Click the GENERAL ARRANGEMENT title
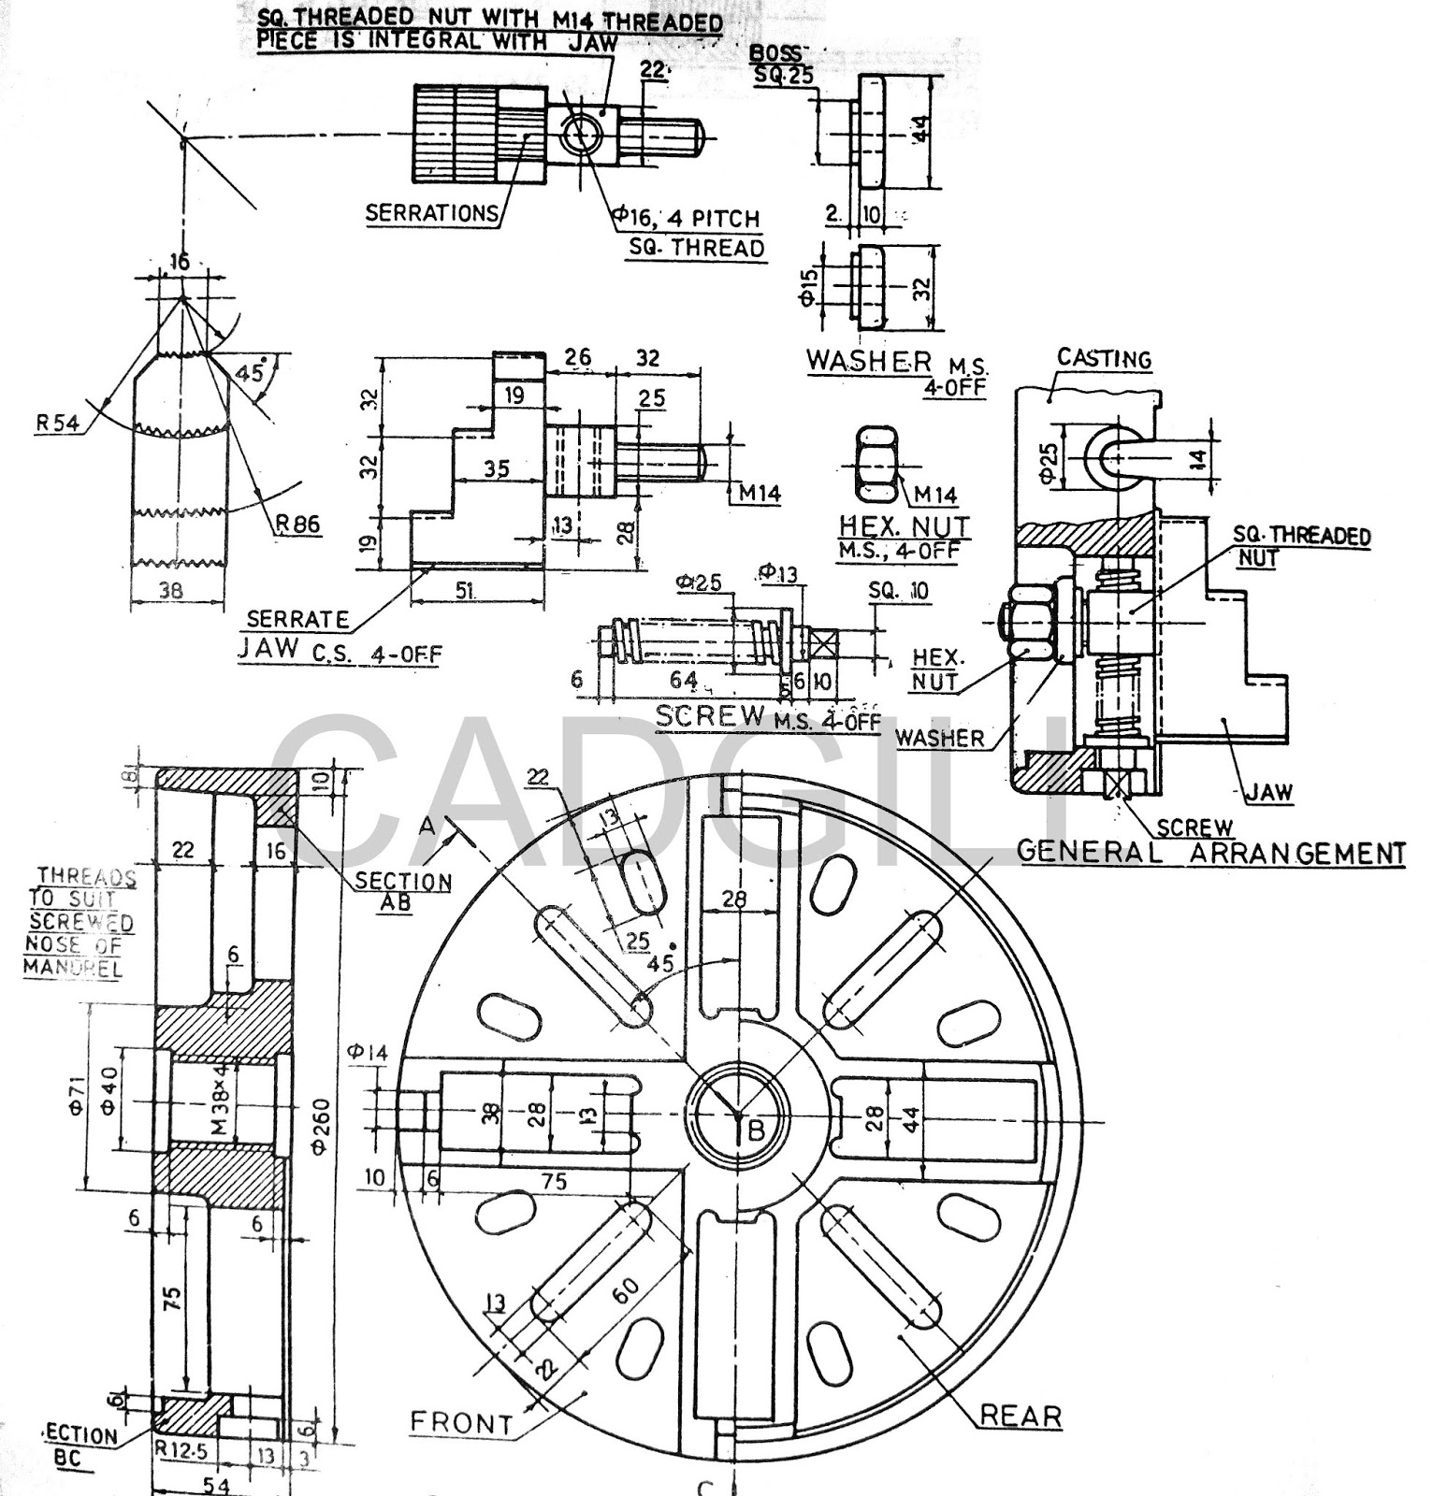tap(1210, 852)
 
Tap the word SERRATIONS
tap(431, 212)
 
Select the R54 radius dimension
tap(57, 423)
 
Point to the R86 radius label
tap(297, 525)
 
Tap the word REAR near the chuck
tap(1020, 1416)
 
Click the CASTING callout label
tap(1104, 358)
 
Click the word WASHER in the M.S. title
tap(869, 361)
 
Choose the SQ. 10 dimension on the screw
tap(898, 591)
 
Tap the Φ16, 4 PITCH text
tap(687, 219)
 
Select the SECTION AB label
tap(403, 891)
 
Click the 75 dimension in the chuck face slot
tap(554, 1181)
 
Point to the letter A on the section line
tap(427, 826)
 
